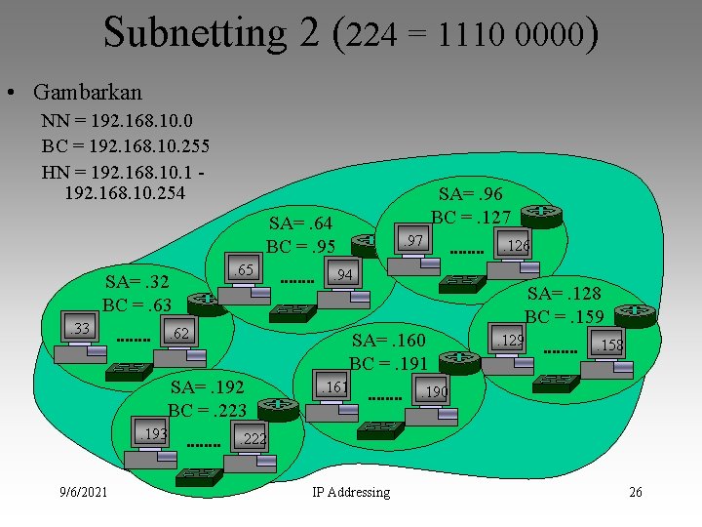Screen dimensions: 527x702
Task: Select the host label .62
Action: [x=177, y=336]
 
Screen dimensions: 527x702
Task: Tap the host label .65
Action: [x=243, y=269]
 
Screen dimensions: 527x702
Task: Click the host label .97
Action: [x=413, y=240]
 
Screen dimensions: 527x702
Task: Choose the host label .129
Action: [x=510, y=341]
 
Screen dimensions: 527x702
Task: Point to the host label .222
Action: [x=253, y=439]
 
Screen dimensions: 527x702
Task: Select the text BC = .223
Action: [x=206, y=410]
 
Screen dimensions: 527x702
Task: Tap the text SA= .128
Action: [x=565, y=294]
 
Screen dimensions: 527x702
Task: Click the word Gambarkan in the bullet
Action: [x=87, y=93]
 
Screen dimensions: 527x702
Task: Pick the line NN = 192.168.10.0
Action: [x=117, y=122]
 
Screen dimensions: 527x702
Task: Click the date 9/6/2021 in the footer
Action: [x=82, y=493]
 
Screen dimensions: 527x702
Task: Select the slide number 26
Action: [x=635, y=493]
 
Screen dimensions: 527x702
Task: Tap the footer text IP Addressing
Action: [x=351, y=493]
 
